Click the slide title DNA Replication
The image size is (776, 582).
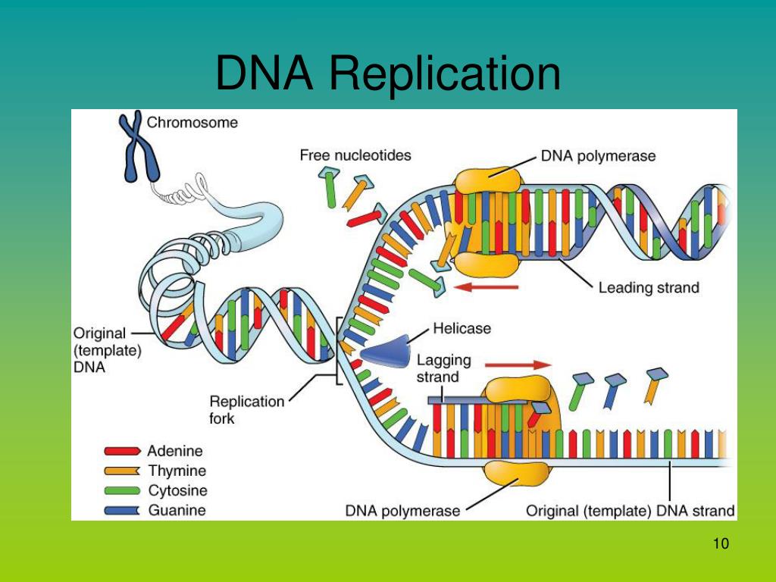[388, 74]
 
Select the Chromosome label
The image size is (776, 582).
[192, 121]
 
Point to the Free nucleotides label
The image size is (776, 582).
[355, 155]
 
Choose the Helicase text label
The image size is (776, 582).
[462, 329]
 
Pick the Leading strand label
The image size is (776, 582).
[648, 287]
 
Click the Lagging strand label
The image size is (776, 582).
[443, 368]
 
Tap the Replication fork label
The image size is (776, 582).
[247, 409]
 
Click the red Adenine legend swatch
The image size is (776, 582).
[122, 452]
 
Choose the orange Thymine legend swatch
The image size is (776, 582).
[122, 471]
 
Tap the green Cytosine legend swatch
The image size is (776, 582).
[122, 491]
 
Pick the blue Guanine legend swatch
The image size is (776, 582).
[122, 511]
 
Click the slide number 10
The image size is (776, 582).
[720, 544]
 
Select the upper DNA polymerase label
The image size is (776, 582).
[598, 156]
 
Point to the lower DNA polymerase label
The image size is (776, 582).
[402, 511]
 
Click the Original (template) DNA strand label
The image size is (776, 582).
[630, 511]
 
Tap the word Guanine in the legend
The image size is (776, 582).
[177, 511]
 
